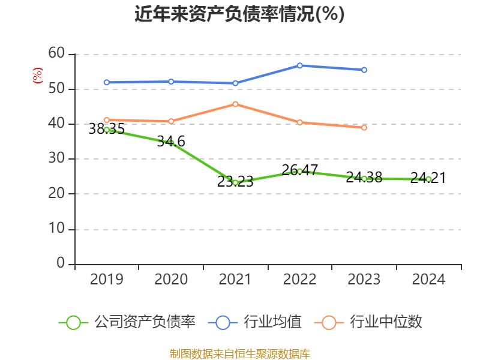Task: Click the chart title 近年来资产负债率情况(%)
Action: [x=239, y=14]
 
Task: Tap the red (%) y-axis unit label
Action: [x=37, y=76]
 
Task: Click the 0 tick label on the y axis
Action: [x=60, y=263]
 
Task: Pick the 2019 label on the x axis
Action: [x=107, y=280]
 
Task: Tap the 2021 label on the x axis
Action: [x=235, y=280]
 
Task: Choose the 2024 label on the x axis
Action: [x=428, y=280]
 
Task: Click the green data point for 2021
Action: [x=235, y=182]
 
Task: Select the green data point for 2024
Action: [x=428, y=179]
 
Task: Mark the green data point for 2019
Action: [x=107, y=130]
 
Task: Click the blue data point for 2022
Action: [x=299, y=65]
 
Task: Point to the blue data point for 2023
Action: [x=364, y=70]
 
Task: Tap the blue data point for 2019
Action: [x=107, y=82]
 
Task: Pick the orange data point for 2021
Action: [x=235, y=104]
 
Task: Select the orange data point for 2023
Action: [x=364, y=128]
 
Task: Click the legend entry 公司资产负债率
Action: [x=127, y=322]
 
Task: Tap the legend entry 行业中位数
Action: [x=368, y=322]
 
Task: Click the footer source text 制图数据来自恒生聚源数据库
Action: [x=239, y=353]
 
